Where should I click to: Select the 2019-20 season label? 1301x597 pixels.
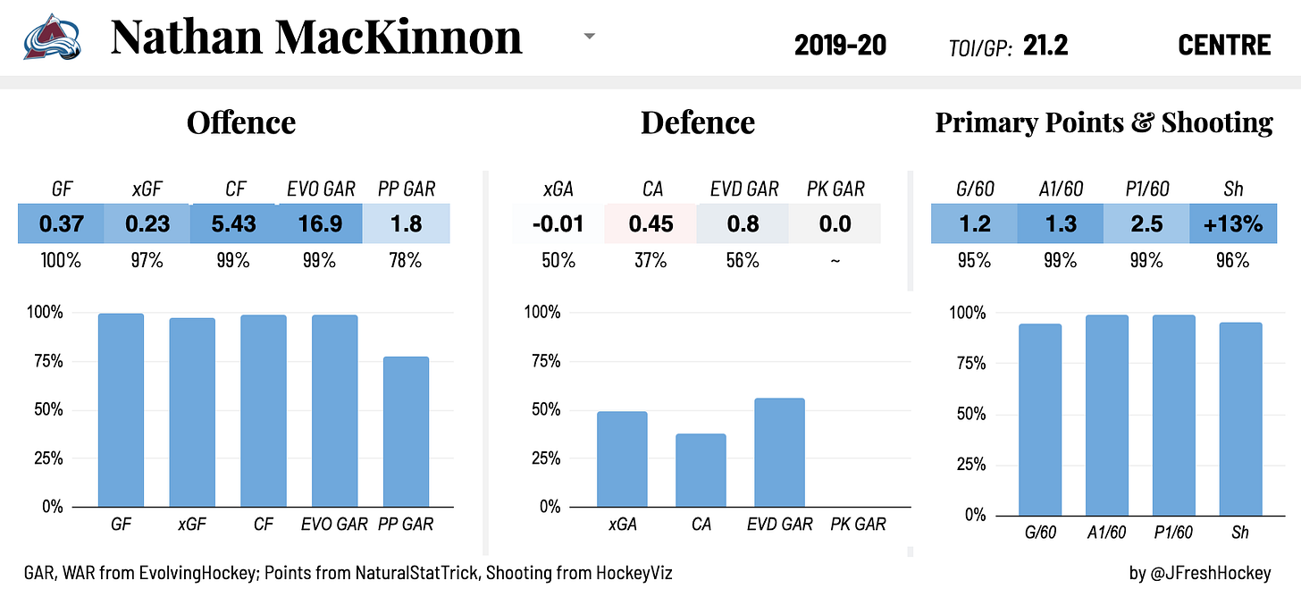840,45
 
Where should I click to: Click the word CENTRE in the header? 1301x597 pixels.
1224,45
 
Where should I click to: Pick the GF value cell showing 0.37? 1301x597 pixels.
61,223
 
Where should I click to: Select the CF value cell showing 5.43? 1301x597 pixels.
234,223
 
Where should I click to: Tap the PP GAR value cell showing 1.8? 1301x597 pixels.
407,223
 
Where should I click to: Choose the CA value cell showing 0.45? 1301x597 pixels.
650,223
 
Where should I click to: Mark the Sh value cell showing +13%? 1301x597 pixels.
1233,223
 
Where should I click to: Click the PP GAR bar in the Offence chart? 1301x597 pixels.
406,432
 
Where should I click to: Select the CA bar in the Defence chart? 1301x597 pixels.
701,470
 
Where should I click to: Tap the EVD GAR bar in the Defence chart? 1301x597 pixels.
779,452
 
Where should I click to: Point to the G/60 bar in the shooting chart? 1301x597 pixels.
1039,419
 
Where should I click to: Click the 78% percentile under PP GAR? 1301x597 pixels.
407,261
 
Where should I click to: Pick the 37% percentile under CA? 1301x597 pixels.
650,261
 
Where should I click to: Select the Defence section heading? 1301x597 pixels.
697,122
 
